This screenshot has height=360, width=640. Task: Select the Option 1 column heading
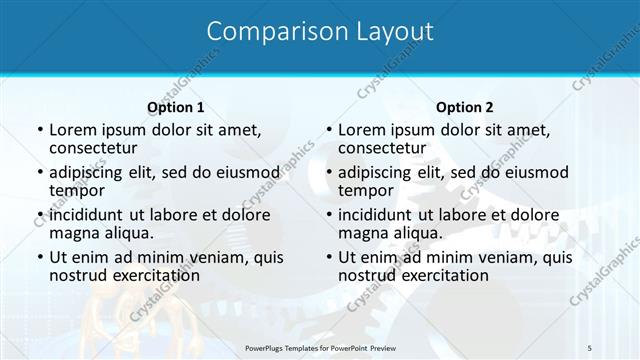176,107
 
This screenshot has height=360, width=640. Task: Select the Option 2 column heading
465,107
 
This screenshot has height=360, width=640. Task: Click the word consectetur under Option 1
92,148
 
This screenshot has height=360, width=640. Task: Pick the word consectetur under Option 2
381,148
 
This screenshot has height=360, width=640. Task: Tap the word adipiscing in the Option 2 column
376,172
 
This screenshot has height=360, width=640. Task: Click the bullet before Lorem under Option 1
39,130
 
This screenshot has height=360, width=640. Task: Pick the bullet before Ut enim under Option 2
328,257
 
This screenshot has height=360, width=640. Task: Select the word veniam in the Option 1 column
204,257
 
